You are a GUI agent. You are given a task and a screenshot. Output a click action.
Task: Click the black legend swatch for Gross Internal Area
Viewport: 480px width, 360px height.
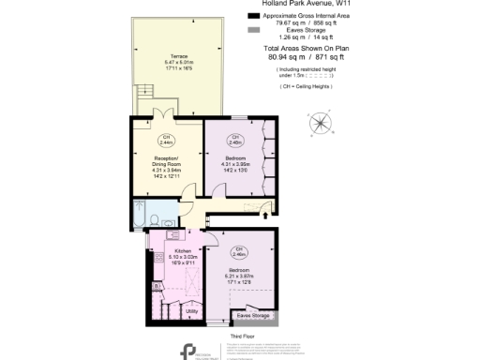[x=252, y=16]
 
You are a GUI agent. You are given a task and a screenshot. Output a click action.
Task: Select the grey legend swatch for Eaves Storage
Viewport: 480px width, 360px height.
[x=252, y=30]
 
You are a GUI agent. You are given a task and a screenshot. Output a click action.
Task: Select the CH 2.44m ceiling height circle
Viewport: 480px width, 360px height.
[x=165, y=142]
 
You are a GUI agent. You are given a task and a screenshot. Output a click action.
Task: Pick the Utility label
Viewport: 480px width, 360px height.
[x=191, y=310]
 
